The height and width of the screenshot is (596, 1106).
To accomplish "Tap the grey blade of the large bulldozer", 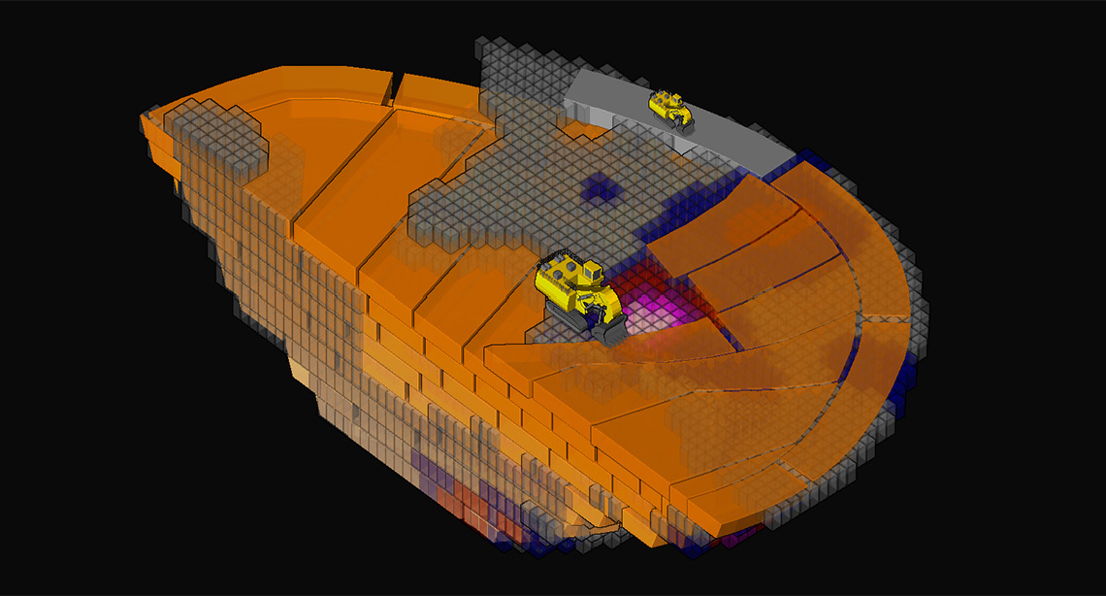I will [x=613, y=331].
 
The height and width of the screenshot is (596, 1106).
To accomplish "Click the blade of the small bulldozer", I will [x=683, y=120].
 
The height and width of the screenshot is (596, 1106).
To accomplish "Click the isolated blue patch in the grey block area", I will [x=600, y=188].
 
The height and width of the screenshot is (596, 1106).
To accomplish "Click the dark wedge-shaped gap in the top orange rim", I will [x=393, y=89].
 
